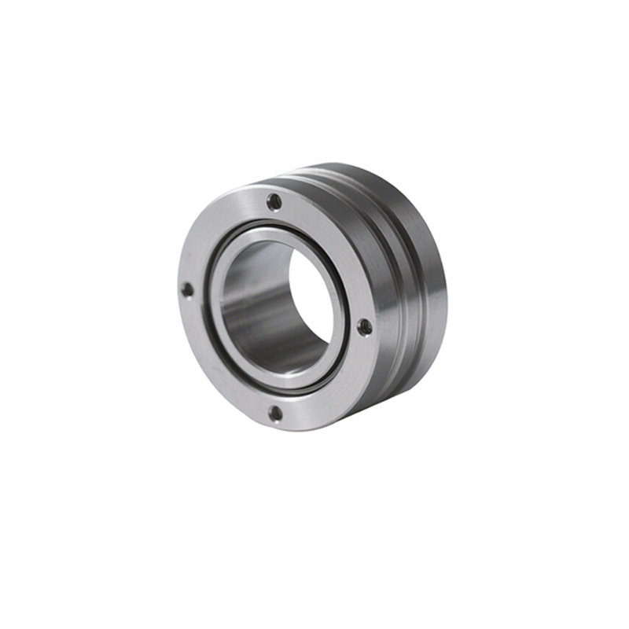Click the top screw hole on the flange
click(274, 201)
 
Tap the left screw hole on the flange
click(187, 289)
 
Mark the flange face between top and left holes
click(216, 228)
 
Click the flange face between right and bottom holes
click(330, 385)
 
